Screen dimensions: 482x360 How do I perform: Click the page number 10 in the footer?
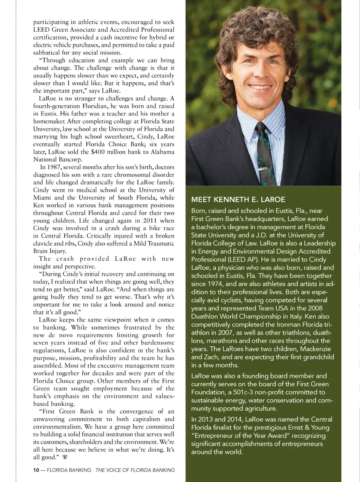[36, 470]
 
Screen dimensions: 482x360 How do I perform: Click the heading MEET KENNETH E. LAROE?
[238, 199]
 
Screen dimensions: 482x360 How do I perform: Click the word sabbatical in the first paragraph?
[47, 53]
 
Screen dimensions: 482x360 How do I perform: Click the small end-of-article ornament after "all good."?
[65, 457]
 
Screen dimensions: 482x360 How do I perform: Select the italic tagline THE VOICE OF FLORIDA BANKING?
[135, 470]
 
